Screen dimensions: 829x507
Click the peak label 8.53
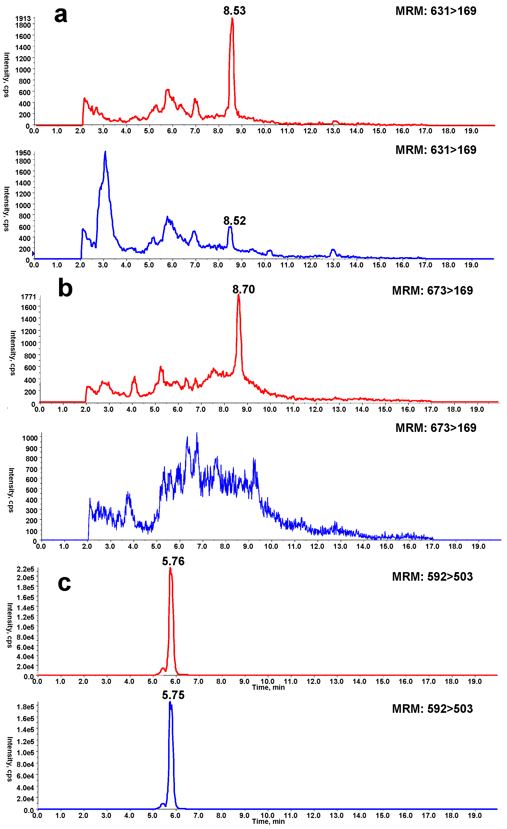point(235,11)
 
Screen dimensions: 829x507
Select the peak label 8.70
point(244,289)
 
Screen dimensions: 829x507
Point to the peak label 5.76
point(173,561)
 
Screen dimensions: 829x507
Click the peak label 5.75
point(173,695)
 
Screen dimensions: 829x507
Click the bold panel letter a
point(61,15)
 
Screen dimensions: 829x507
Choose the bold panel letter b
point(65,289)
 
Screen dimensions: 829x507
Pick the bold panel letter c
point(64,583)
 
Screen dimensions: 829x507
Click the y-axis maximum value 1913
point(23,18)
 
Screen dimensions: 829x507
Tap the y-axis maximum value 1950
point(23,153)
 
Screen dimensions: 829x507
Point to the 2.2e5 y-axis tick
point(25,569)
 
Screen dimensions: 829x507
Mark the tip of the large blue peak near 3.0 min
point(105,152)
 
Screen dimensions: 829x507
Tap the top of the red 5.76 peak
point(170,568)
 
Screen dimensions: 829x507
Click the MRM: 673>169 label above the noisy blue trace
point(436,428)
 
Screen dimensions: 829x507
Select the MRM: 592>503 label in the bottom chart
point(432,709)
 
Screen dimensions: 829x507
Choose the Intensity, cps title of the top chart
point(6,75)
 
